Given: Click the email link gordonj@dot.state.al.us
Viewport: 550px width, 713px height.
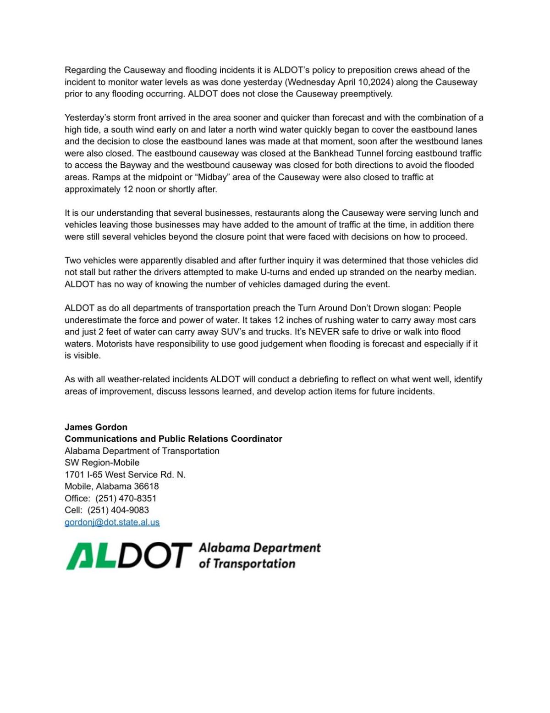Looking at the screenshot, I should (112, 522).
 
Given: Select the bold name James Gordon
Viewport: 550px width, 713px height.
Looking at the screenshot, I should (96, 427).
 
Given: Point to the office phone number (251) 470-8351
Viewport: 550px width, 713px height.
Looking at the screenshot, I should (126, 498).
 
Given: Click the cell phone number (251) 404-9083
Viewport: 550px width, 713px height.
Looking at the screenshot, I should (118, 510).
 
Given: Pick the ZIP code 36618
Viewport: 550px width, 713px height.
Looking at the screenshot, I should (146, 486).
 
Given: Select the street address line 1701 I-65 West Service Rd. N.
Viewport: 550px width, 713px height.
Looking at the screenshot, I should (125, 474).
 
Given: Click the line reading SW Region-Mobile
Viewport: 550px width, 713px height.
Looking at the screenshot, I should (102, 462).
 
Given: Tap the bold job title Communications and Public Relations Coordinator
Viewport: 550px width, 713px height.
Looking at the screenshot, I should (173, 439).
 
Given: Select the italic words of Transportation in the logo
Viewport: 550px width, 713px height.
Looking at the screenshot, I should (247, 564).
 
